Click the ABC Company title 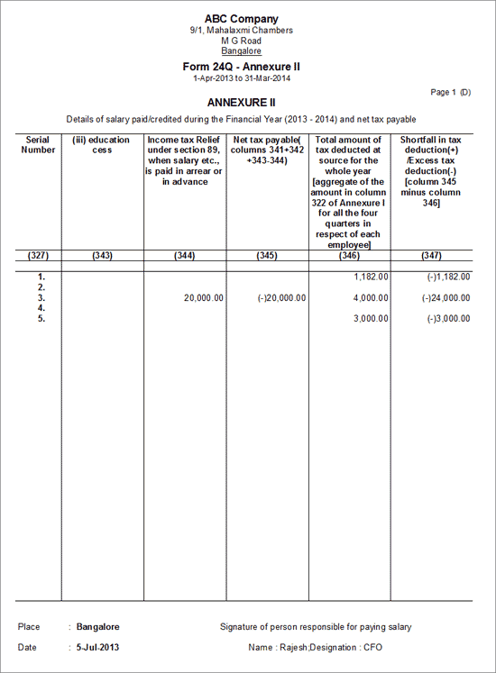coord(241,19)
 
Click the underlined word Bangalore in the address coord(241,51)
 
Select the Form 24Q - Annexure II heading coord(241,67)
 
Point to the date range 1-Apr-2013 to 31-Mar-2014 coord(241,78)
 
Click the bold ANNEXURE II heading coord(241,103)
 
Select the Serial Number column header coord(38,145)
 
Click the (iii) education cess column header coord(103,145)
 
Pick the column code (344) coord(184,256)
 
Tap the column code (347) coord(431,256)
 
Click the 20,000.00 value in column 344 coord(202,297)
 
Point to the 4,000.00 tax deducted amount coord(371,297)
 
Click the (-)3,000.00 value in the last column coord(450,319)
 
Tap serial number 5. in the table coord(40,319)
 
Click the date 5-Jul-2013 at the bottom coord(98,647)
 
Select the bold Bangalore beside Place coord(98,626)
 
